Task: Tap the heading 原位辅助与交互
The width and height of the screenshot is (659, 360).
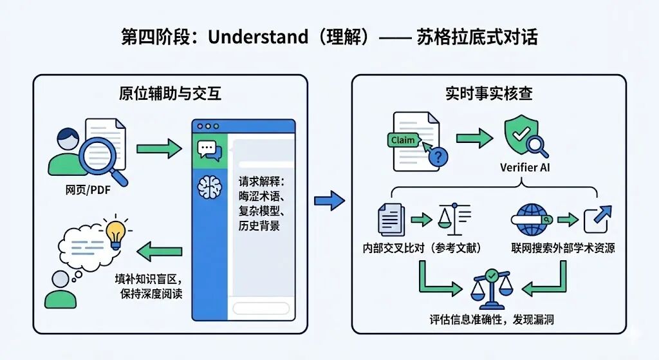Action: click(170, 93)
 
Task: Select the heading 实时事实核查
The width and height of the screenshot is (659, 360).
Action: click(488, 93)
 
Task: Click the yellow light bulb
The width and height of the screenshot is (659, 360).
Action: click(116, 232)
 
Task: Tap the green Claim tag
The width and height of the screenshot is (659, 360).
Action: click(403, 140)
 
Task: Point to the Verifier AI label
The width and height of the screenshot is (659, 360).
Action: click(524, 168)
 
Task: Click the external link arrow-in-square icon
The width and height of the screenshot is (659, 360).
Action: click(597, 220)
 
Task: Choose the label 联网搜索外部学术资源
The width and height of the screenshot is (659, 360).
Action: click(562, 248)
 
